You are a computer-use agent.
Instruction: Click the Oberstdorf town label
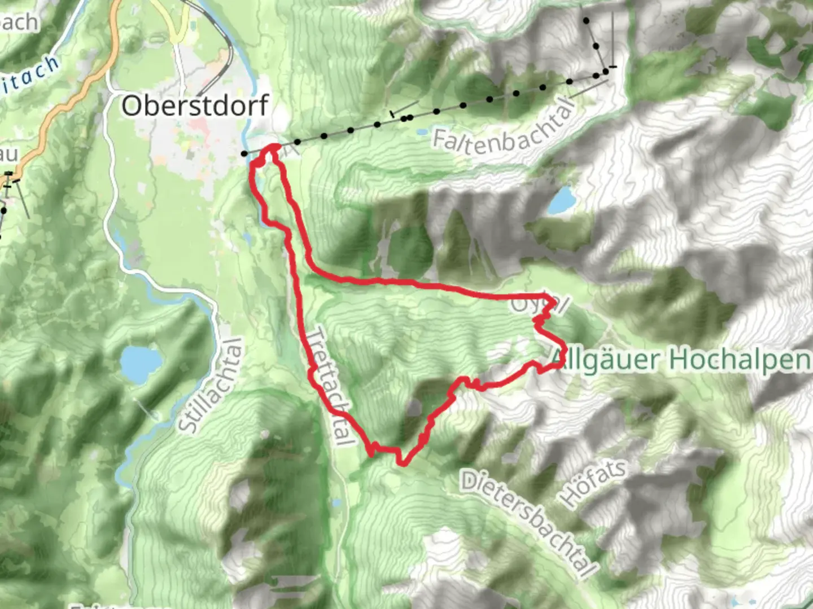coord(195,105)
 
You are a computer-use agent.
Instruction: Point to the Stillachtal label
coord(210,386)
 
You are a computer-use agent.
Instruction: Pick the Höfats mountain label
coord(593,483)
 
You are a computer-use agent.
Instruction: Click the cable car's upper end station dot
coord(606,70)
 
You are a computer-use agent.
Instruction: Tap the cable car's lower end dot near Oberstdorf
coord(244,153)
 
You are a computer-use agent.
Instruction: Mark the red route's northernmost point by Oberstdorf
coord(274,147)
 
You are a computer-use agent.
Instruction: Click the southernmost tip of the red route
coord(402,464)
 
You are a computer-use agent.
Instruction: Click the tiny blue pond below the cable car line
coord(422,133)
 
